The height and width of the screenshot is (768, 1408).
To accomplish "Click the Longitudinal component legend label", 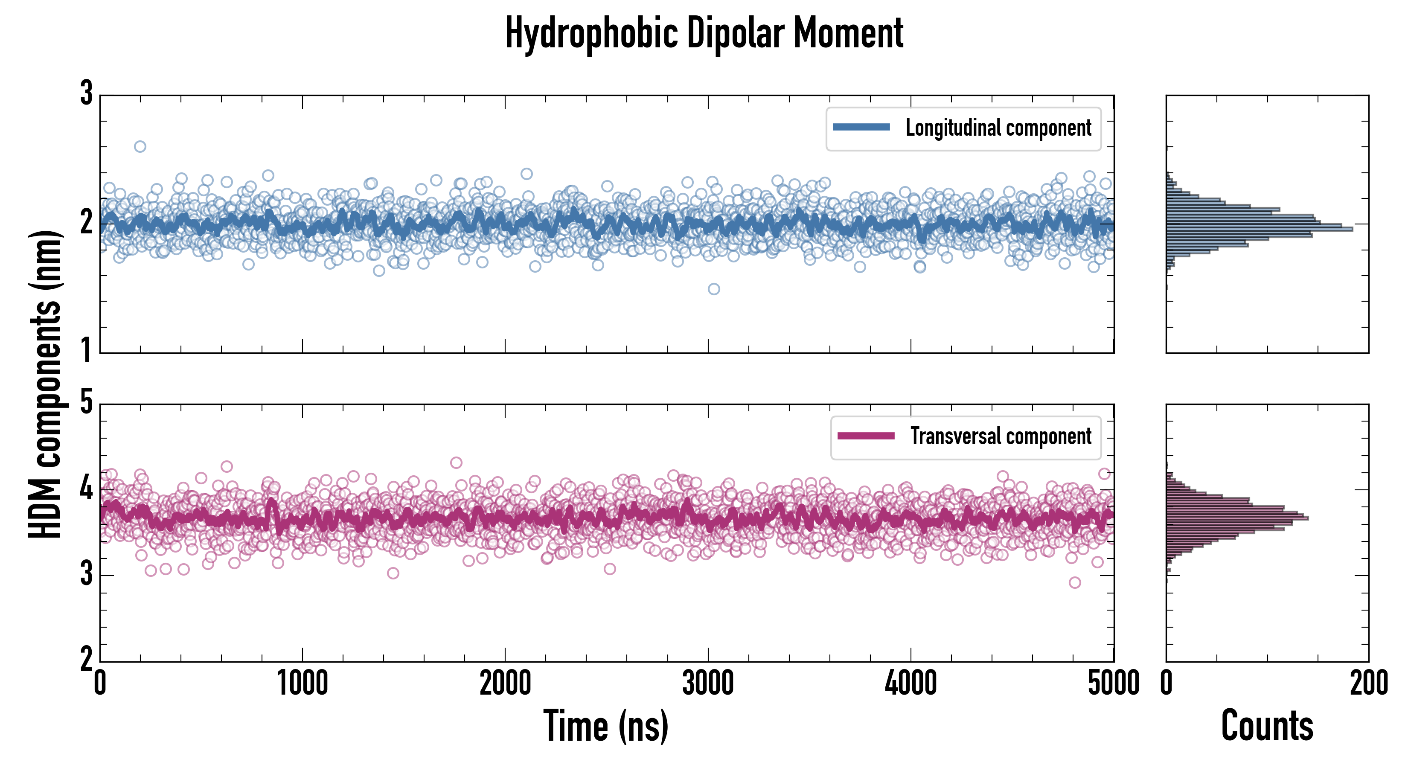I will (x=998, y=128).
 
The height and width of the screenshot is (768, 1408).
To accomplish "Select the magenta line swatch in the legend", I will (x=866, y=436).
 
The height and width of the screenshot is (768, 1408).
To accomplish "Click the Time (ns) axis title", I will (x=605, y=725).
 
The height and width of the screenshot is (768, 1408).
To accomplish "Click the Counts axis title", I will (x=1267, y=725).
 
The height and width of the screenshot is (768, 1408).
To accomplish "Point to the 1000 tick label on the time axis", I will (x=302, y=683).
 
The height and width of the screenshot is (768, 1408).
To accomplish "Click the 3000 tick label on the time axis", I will (x=708, y=683).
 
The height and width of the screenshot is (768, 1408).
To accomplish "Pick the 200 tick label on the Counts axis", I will (x=1369, y=683).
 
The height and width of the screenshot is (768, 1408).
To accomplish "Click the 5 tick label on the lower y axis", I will (x=86, y=403).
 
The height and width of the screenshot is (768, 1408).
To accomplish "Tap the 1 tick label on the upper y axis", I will (x=86, y=350).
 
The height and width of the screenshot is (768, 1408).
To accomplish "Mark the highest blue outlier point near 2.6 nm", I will (x=140, y=146).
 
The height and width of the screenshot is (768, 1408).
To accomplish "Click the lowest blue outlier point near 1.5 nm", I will (x=714, y=289).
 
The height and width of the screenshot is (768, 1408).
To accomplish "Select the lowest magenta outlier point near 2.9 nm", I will (x=1075, y=583).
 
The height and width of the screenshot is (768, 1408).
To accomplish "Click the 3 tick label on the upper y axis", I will (x=86, y=93).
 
